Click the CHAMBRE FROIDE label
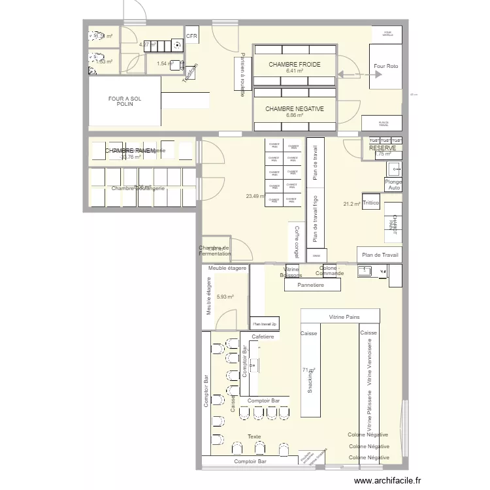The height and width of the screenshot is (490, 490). pos(294,64)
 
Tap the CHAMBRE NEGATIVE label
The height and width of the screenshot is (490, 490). pos(294,108)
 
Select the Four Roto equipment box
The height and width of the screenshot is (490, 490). pos(385,67)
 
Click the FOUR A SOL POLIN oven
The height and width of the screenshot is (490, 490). pos(125,101)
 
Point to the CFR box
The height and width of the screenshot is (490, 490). pos(192,37)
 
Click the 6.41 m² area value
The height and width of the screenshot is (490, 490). pos(294,71)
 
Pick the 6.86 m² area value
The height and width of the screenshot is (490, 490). pos(294,116)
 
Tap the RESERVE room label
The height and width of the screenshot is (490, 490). pos(382,148)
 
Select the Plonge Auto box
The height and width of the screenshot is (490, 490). pos(393,184)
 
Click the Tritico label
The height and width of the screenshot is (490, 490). pos(371,203)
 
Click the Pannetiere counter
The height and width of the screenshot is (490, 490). pos(312,285)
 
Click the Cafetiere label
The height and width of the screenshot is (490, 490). pos(262,336)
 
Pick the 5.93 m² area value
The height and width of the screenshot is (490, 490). pos(225,297)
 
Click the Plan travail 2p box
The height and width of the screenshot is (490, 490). pos(265,323)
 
